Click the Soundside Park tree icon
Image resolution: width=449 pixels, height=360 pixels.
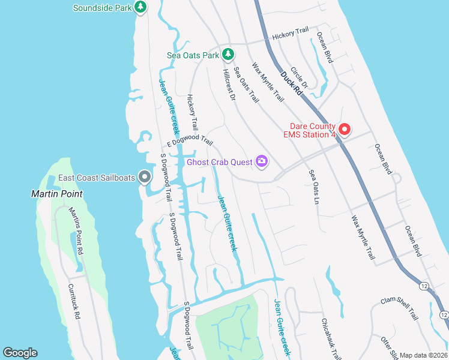click(140, 7)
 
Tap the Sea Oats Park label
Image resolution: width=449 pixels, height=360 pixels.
click(193, 55)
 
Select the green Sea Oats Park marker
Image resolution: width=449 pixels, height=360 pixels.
click(228, 55)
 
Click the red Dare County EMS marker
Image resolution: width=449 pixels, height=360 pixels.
click(345, 128)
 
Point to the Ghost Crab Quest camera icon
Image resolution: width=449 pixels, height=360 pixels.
click(261, 161)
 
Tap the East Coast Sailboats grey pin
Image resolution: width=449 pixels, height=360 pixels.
click(144, 177)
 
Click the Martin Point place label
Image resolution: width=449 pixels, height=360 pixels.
click(57, 194)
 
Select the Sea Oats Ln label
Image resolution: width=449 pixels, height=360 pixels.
click(313, 187)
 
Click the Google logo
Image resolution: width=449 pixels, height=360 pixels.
click(20, 353)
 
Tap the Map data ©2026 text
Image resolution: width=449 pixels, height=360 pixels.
click(423, 355)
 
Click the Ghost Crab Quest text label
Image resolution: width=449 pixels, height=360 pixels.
click(219, 161)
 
